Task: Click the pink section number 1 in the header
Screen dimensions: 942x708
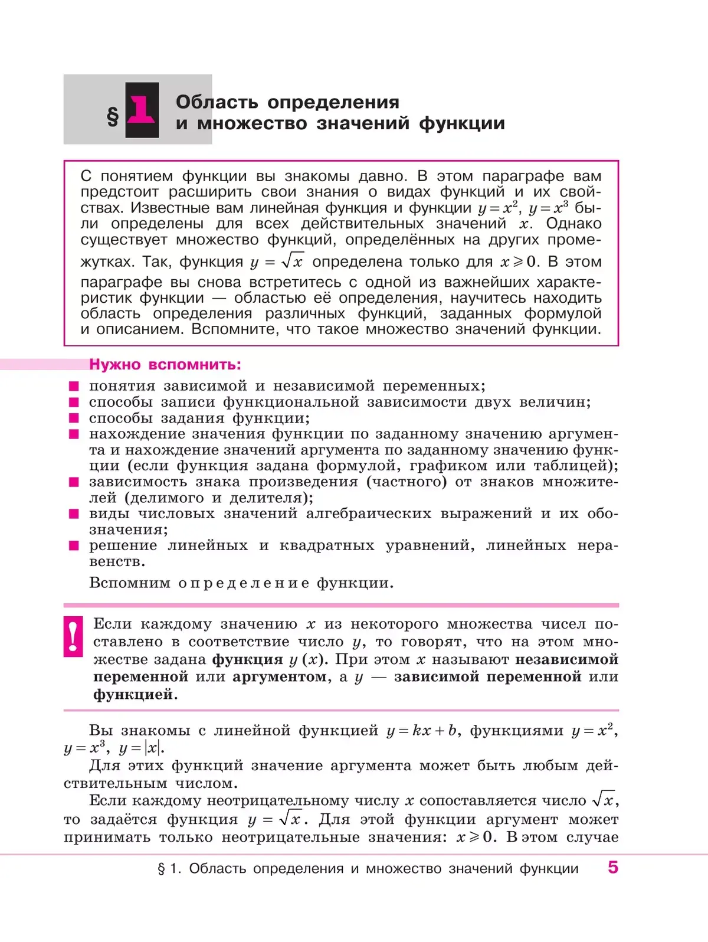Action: click(142, 110)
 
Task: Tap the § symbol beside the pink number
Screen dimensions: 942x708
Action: click(112, 116)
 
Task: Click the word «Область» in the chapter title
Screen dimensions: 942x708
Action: click(217, 102)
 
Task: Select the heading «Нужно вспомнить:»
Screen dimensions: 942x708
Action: click(165, 365)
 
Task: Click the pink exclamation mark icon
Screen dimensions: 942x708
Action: click(73, 636)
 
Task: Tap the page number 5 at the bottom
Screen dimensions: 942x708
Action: click(613, 867)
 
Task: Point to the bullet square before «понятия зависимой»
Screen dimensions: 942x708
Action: click(74, 387)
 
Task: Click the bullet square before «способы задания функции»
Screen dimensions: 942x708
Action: click(74, 418)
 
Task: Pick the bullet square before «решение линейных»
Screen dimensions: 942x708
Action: click(74, 546)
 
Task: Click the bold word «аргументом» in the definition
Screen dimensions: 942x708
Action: click(278, 677)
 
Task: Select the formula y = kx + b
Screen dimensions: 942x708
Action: click(422, 731)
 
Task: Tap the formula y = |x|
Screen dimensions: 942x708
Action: click(141, 748)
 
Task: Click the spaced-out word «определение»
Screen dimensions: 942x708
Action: click(244, 583)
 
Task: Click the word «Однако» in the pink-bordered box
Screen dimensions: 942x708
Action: click(573, 224)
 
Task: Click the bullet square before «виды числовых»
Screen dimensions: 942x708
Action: click(74, 514)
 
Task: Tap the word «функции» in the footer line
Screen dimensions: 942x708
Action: click(549, 868)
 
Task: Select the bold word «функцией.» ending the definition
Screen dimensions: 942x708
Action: click(135, 695)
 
